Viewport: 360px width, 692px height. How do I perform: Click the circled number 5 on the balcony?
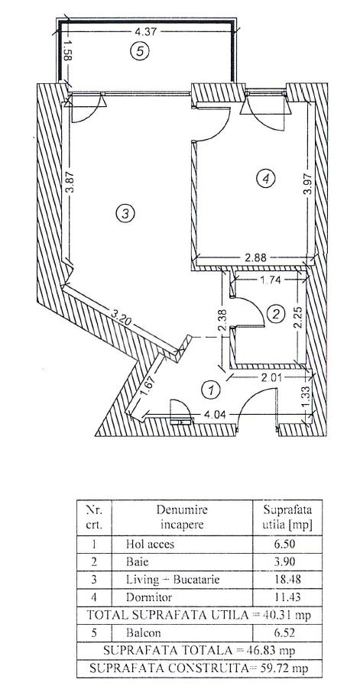(x=140, y=51)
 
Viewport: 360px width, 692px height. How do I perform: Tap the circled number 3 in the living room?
(x=125, y=214)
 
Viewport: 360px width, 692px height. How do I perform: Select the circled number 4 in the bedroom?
(x=265, y=178)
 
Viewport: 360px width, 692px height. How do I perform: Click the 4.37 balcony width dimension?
(x=146, y=31)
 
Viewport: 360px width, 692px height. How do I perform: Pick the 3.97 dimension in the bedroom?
(x=309, y=183)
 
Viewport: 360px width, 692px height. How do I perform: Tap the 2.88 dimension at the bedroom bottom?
(x=255, y=257)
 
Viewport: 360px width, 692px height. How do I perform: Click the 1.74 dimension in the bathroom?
(x=271, y=279)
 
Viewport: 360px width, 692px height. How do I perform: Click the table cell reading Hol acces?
(x=150, y=544)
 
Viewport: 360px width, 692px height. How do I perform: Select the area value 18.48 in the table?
(x=287, y=580)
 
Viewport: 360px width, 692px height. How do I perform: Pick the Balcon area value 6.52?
(x=287, y=632)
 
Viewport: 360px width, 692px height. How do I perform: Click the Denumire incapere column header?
(x=182, y=517)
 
